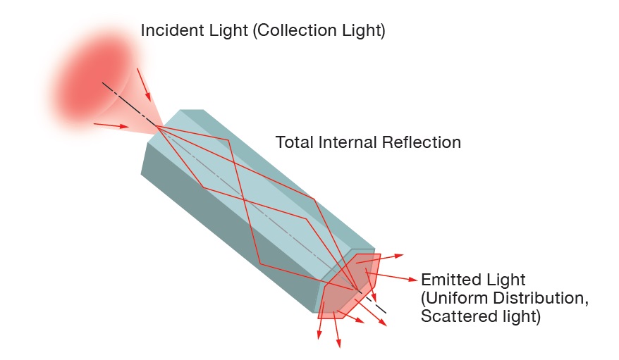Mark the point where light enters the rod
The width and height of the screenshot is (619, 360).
[157, 128]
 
